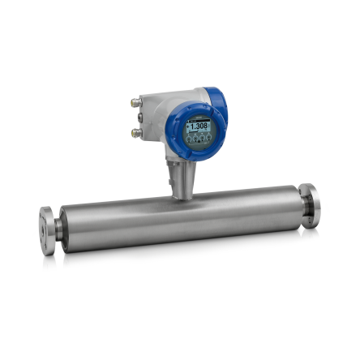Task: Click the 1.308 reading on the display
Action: tap(197, 126)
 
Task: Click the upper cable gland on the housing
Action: tap(135, 103)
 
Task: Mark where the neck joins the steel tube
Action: tap(183, 195)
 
